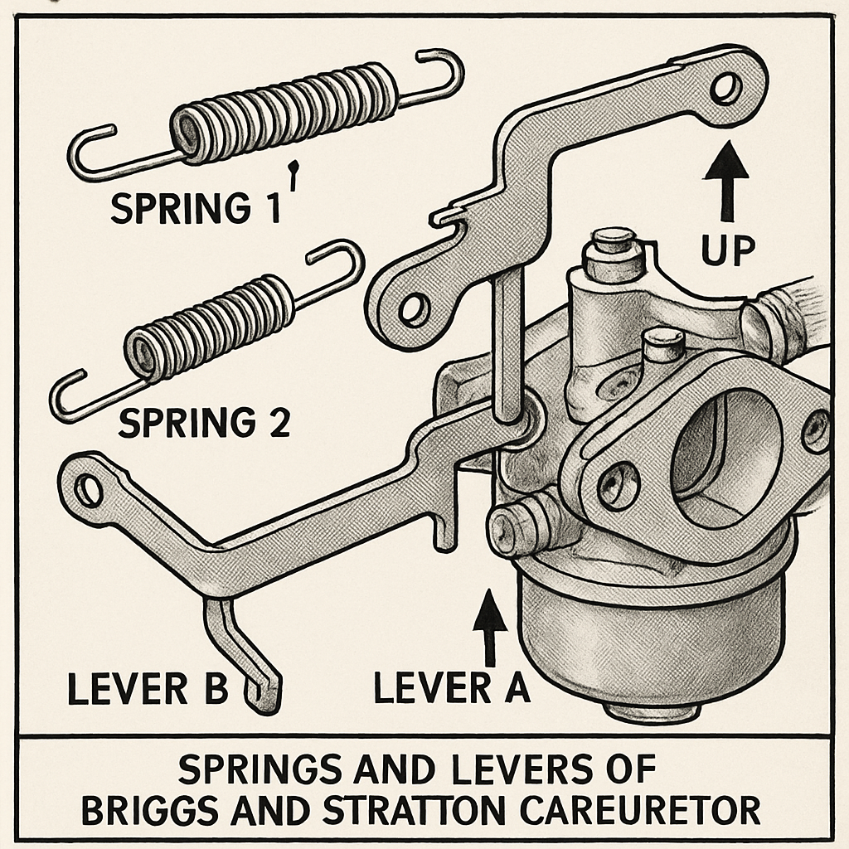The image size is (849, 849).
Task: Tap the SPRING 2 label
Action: pos(204,424)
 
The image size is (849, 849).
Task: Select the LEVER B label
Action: pos(147,690)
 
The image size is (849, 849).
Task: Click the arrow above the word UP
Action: pos(726,182)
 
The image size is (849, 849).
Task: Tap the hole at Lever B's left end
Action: pos(87,492)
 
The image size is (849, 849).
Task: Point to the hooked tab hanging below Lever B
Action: pos(249,655)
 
